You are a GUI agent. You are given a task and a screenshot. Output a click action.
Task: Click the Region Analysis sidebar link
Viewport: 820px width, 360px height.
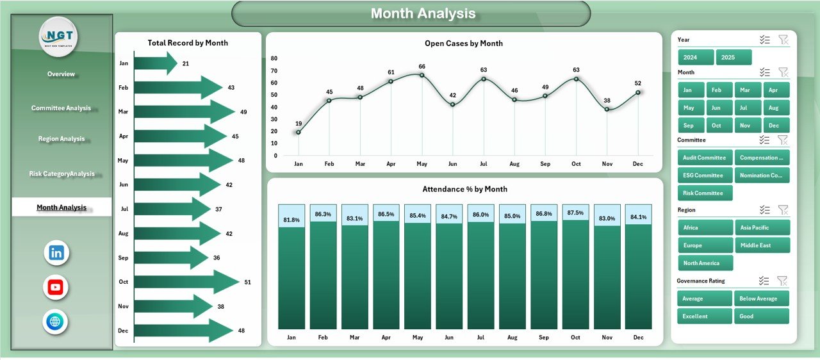[x=61, y=139]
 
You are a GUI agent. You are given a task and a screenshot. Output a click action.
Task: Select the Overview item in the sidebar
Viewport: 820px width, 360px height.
[x=61, y=74]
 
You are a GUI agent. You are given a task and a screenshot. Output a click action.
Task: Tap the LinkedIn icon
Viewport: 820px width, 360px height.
[x=56, y=252]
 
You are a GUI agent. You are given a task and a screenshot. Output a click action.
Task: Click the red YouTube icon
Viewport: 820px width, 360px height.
[x=56, y=287]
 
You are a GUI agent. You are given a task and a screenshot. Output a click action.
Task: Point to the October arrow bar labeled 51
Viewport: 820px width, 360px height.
[x=186, y=282]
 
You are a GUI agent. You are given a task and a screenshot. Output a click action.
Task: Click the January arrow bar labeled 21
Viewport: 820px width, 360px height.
[x=155, y=63]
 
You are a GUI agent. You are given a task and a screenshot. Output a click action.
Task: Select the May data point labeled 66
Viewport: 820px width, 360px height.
[x=422, y=75]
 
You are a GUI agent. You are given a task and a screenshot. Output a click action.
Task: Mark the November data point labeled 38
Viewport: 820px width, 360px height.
[x=607, y=110]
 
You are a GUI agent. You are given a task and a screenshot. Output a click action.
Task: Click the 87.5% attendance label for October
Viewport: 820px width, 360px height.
[x=576, y=213]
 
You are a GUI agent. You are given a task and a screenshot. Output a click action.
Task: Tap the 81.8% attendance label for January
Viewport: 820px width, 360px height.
[x=291, y=220]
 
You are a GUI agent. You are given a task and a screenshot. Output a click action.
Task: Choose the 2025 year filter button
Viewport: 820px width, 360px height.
[x=734, y=57]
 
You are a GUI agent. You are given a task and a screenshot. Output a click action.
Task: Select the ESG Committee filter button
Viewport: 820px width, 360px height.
[x=705, y=176]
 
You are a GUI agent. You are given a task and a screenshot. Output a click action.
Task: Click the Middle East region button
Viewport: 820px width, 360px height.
[x=762, y=245]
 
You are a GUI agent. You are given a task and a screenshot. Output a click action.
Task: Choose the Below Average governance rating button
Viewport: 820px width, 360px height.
[x=762, y=299]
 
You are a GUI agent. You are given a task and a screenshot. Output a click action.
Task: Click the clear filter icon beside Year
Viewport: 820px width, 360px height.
[x=783, y=40]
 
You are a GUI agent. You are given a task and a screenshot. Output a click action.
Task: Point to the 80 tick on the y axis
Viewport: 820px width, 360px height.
[x=274, y=58]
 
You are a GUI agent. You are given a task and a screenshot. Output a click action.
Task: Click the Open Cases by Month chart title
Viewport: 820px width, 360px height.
[x=463, y=44]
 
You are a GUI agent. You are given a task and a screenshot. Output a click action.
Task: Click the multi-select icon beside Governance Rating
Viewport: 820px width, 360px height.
[x=764, y=281]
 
